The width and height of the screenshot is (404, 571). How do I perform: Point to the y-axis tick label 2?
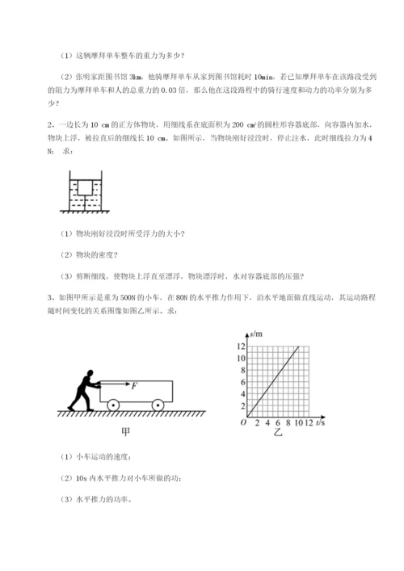tap(240, 405)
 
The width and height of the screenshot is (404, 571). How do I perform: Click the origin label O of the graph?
tap(242, 422)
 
